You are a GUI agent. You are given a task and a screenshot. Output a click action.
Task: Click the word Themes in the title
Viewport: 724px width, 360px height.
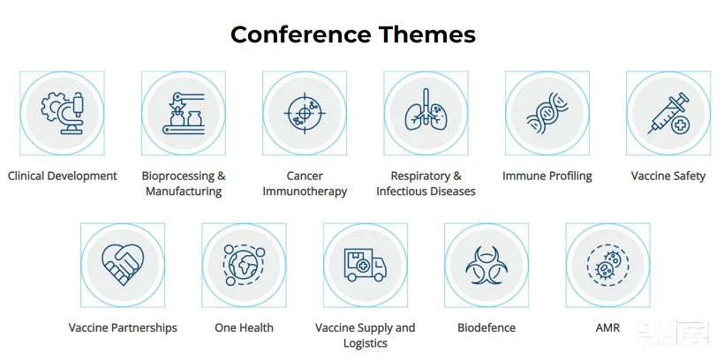pos(427,34)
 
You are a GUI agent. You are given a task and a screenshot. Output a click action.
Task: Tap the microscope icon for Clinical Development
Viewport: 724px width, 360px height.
pos(63,113)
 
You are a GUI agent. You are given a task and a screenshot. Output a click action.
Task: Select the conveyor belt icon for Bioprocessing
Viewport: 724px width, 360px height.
pos(184,113)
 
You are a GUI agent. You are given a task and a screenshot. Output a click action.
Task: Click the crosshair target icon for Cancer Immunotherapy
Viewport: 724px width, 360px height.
pos(305,113)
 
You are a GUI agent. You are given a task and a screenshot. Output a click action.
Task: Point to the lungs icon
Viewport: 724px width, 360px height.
pos(426,109)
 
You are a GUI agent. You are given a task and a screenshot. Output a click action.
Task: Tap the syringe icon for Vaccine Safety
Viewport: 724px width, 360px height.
pos(668,113)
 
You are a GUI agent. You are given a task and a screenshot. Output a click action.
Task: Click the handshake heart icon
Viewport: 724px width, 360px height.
pos(123,265)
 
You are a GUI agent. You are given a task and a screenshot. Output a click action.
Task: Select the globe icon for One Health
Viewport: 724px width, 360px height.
pos(244,266)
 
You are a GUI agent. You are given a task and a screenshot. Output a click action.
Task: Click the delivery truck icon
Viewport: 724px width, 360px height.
pos(366,265)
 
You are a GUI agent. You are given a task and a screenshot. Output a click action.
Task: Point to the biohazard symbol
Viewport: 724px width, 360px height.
pos(486,266)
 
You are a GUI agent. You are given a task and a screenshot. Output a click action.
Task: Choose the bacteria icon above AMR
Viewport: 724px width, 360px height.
pos(607,266)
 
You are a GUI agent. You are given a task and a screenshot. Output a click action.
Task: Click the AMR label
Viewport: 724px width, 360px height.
pos(607,327)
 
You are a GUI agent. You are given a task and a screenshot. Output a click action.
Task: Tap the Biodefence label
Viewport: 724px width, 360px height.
pos(486,327)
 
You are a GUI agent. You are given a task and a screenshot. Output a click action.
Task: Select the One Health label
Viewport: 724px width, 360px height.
pos(244,327)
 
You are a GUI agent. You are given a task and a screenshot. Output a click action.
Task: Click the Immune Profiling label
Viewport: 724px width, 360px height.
pos(547,176)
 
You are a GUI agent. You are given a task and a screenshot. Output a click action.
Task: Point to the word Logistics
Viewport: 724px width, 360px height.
pos(366,343)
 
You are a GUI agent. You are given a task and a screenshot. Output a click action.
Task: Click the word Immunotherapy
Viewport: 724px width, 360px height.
pos(305,191)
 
